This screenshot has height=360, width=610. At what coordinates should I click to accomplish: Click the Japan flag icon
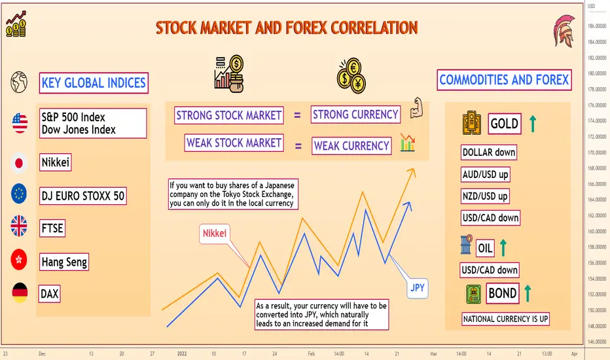click(x=19, y=163)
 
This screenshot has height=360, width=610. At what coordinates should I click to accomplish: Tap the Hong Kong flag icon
click(x=19, y=260)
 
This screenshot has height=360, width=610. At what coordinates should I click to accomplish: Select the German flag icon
click(x=20, y=293)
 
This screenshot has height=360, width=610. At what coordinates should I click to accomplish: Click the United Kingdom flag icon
click(x=19, y=226)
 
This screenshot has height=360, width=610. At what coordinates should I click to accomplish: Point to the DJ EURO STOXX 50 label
click(x=83, y=196)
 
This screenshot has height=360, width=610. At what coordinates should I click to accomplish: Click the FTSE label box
click(x=52, y=228)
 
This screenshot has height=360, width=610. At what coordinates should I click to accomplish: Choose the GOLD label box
click(x=505, y=124)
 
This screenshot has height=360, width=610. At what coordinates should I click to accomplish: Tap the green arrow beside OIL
click(x=503, y=247)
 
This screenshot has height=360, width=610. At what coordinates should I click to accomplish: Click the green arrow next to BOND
click(x=528, y=293)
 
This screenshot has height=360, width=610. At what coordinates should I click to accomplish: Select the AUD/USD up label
click(x=485, y=174)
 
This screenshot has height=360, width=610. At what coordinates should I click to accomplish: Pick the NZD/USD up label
click(x=485, y=196)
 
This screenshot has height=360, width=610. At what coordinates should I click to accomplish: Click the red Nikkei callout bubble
click(x=215, y=234)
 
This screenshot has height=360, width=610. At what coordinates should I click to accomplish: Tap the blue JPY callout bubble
click(x=418, y=288)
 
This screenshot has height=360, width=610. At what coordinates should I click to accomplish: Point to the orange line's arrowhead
click(x=412, y=172)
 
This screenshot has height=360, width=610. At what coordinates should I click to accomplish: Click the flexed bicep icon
click(x=416, y=108)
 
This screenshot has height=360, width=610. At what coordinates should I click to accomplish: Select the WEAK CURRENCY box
click(x=351, y=145)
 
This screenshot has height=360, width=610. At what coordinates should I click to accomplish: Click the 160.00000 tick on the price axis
click(x=597, y=231)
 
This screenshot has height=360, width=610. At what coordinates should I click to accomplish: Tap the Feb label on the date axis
click(x=312, y=353)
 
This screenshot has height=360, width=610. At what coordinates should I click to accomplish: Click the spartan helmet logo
click(x=564, y=31)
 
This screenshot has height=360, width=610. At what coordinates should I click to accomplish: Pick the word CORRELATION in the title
click(x=374, y=28)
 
